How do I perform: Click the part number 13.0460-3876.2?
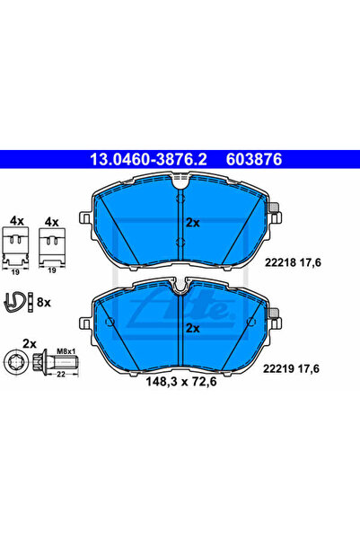coord(148,159)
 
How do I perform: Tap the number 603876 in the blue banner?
coord(254,159)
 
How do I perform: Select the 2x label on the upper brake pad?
coord(193,223)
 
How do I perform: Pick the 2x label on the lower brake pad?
coord(193,328)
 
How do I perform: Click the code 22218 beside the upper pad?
coord(280,262)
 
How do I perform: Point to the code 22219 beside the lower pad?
coord(279,369)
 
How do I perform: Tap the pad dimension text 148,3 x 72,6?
coord(181,382)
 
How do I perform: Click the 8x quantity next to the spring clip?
coord(44,303)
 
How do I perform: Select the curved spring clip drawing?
coord(14,302)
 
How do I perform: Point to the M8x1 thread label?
coord(66,351)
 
